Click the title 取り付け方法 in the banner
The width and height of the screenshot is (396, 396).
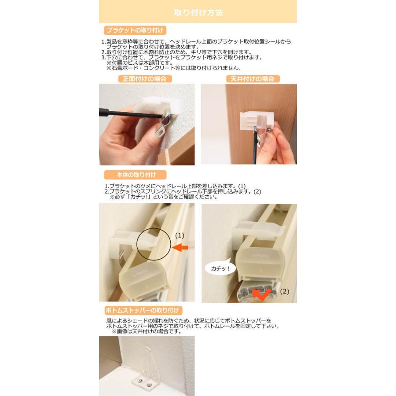click(198, 12)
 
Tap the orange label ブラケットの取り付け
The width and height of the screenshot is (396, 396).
click(135, 30)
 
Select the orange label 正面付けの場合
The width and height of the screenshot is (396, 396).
click(144, 79)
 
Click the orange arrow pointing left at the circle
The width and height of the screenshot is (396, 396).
click(180, 248)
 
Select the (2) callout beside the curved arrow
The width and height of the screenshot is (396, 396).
click(285, 291)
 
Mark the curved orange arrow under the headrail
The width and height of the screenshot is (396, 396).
click(264, 294)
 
